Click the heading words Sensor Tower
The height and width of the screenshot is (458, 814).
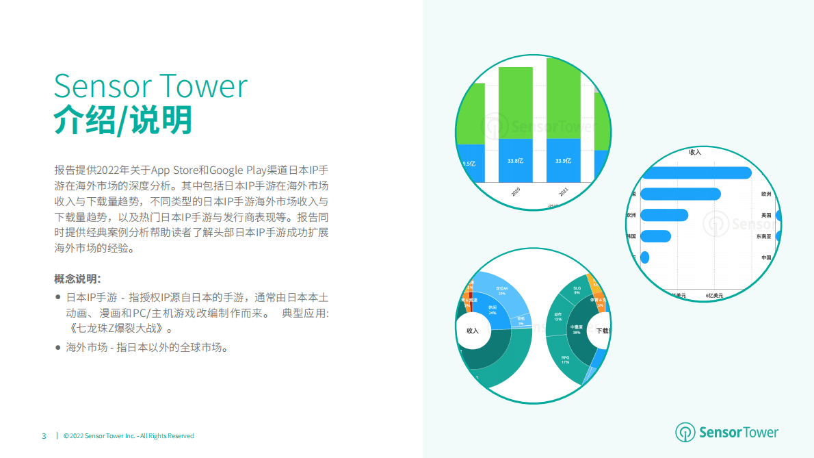(x=150, y=86)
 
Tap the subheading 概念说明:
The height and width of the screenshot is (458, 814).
(x=78, y=279)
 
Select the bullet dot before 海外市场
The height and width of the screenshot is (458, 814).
(x=58, y=348)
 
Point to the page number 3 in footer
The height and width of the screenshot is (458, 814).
(x=44, y=436)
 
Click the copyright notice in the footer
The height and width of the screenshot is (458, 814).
(x=129, y=436)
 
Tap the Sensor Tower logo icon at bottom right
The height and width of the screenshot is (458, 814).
(x=685, y=432)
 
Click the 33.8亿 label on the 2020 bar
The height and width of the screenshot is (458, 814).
(x=515, y=161)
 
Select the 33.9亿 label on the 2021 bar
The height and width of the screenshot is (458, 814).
(x=563, y=161)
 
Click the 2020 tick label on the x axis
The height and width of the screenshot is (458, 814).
(x=515, y=192)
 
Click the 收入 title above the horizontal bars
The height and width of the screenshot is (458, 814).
(x=695, y=152)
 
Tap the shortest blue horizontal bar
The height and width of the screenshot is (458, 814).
(x=644, y=258)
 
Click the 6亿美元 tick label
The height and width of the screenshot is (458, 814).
(x=714, y=295)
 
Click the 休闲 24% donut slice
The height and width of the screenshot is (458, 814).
(x=493, y=310)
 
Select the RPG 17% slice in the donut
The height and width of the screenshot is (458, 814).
(x=565, y=359)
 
